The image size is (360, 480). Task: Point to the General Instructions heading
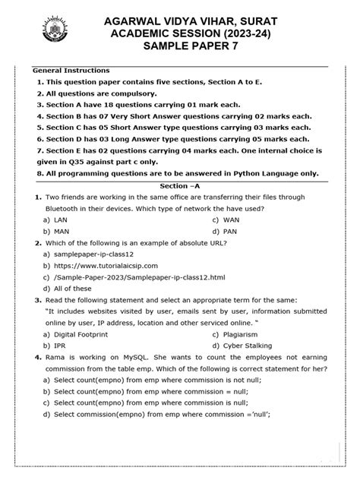71,71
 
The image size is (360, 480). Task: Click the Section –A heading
180,185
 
